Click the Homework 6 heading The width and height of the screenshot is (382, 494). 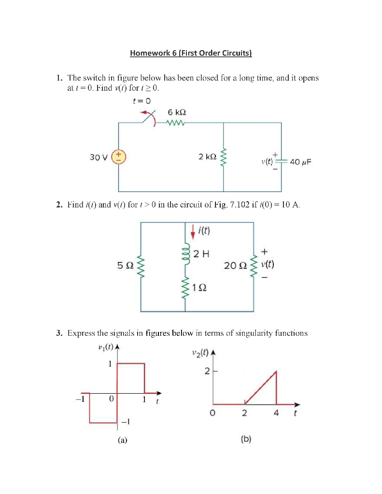coord(191,53)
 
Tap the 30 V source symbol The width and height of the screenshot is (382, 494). coord(119,157)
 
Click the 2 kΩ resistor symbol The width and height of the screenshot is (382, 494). coord(223,157)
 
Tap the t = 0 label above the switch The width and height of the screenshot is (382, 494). coord(141,101)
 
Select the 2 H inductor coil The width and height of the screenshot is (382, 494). coord(185,254)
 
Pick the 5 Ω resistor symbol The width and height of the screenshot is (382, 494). coord(141,265)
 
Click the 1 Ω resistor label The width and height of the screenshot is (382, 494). coord(199,288)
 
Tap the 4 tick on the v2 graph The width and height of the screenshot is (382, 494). coord(276,413)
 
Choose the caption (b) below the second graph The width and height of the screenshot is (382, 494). coord(246,439)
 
